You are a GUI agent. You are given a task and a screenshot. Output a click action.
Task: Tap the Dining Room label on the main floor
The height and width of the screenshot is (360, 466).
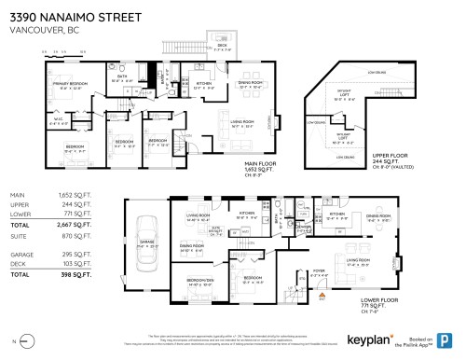[252, 82]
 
